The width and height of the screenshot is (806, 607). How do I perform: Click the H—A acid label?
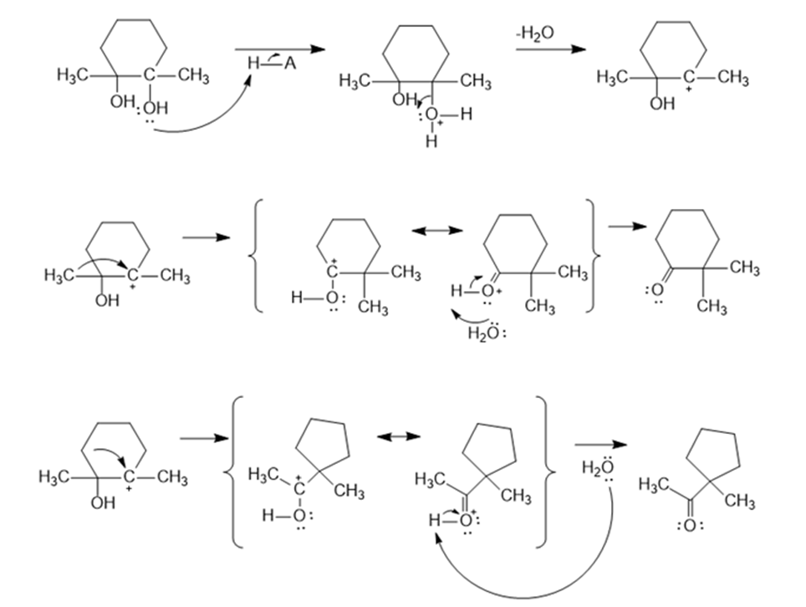pyautogui.click(x=272, y=63)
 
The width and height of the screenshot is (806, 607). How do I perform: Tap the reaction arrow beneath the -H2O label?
pyautogui.click(x=548, y=50)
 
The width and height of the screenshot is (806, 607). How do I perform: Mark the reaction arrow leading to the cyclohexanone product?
pyautogui.click(x=621, y=227)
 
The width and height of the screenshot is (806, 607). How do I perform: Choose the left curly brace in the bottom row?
pyautogui.click(x=233, y=472)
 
